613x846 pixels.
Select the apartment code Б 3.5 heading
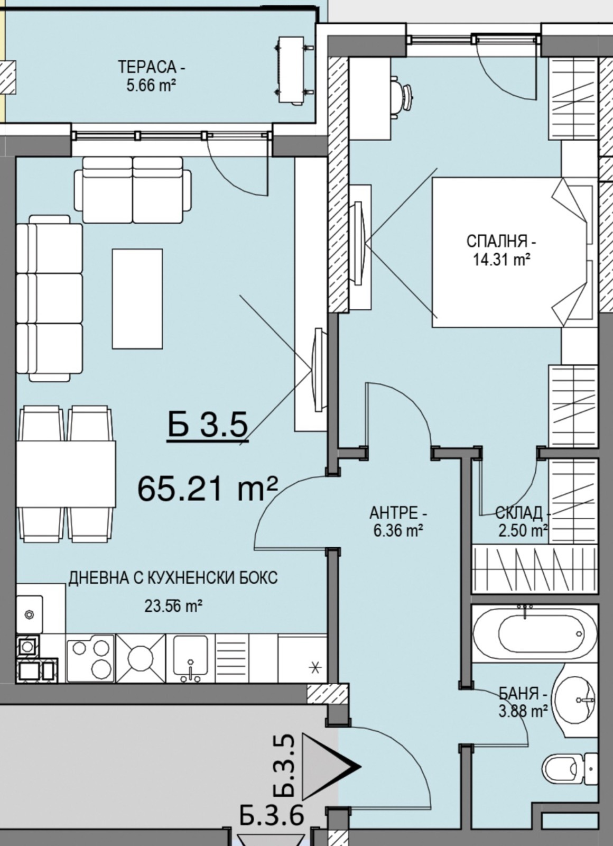[x=208, y=425]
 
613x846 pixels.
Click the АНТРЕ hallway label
[x=398, y=513]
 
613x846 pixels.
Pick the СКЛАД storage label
[x=523, y=512]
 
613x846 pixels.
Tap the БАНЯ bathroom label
[x=523, y=694]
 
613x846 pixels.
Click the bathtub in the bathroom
[x=535, y=633]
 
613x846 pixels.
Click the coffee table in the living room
[x=137, y=298]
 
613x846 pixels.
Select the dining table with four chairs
[x=66, y=474]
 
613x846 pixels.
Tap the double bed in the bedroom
[x=513, y=252]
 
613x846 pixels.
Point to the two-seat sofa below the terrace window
[x=133, y=190]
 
